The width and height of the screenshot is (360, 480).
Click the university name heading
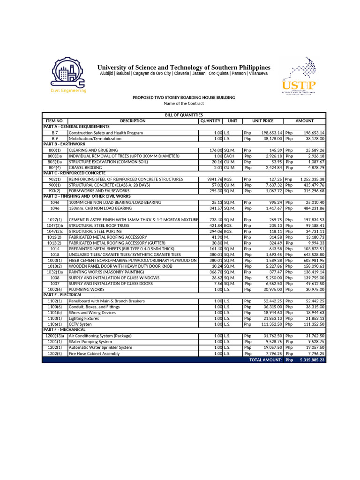(x=184, y=67)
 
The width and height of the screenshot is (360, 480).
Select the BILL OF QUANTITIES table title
(x=183, y=115)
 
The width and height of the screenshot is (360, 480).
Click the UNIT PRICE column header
(x=262, y=121)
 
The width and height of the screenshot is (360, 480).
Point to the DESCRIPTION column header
(x=133, y=121)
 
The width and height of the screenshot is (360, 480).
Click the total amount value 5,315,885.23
(x=312, y=360)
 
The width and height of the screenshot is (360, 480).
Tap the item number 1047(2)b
(x=55, y=225)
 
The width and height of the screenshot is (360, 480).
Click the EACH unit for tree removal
(x=229, y=156)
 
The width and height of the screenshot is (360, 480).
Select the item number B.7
(x=55, y=133)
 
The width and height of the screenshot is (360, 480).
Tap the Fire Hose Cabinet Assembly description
(x=94, y=354)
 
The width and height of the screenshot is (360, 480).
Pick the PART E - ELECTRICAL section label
(x=62, y=295)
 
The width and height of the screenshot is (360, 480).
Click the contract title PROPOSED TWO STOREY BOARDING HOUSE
(x=184, y=97)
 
